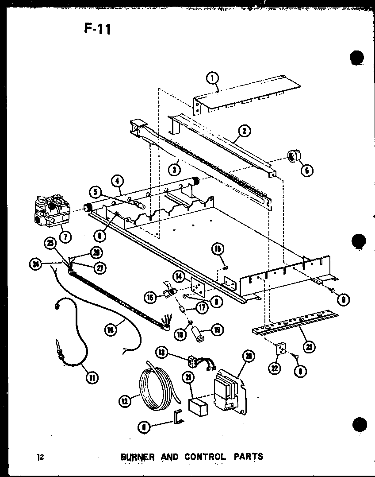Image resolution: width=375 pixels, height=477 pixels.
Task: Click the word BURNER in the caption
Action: (138, 456)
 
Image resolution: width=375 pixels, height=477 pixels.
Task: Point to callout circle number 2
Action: (244, 131)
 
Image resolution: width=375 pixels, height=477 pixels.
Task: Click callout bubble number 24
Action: (35, 265)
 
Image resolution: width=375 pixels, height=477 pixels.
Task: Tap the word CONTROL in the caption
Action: (206, 456)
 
